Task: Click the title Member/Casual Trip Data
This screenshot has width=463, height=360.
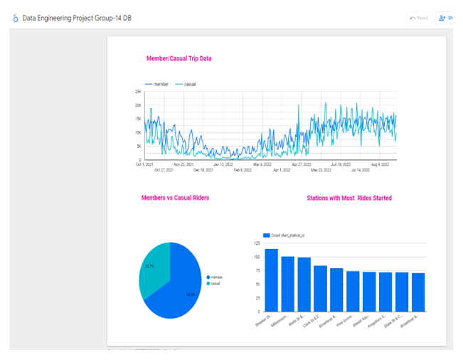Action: click(179, 58)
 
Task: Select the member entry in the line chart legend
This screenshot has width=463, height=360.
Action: click(157, 84)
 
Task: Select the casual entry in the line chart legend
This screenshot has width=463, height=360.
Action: click(186, 84)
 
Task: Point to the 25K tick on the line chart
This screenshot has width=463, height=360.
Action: click(137, 92)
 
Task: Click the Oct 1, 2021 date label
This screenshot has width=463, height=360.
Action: click(144, 164)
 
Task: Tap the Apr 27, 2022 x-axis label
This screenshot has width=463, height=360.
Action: click(302, 164)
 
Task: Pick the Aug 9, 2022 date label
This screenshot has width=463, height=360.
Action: click(380, 164)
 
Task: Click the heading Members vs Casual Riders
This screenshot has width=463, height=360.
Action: click(175, 198)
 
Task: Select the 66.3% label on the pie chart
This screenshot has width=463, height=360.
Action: click(191, 294)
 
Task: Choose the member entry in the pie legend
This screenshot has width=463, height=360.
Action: click(215, 277)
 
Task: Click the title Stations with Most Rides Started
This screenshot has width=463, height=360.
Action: click(348, 198)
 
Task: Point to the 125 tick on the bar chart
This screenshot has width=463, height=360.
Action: click(256, 243)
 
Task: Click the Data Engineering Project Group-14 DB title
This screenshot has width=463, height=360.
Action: click(77, 18)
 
